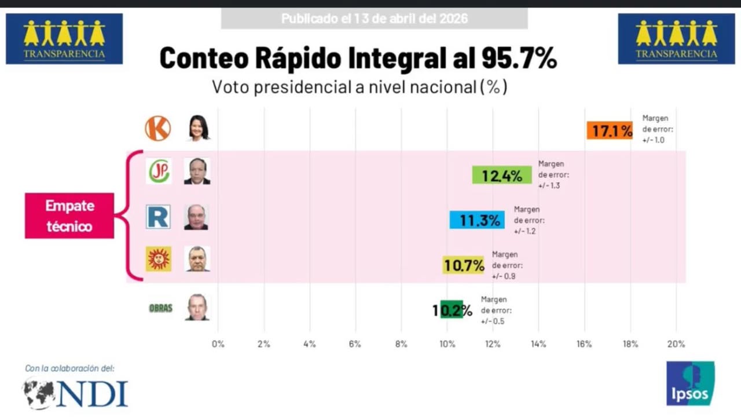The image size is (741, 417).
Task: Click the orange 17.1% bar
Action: [x=610, y=131]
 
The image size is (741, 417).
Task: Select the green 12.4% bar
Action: [x=501, y=175]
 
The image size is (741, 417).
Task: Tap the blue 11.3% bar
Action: [x=477, y=220]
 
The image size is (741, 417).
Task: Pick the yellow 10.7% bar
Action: [x=463, y=265]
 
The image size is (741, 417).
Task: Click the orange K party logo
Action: [x=157, y=129]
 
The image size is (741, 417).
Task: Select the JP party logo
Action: [x=158, y=171]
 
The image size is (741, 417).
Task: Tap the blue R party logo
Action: [x=158, y=217]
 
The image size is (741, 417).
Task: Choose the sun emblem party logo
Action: [x=158, y=259]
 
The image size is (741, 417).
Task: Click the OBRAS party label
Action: [x=160, y=308]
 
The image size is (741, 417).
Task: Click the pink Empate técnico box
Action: [x=69, y=215]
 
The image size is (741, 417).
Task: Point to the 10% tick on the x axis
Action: [x=447, y=344]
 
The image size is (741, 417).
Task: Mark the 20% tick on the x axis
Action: [x=676, y=344]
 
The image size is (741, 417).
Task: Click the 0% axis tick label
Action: [x=218, y=344]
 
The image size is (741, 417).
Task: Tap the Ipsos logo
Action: [x=690, y=383]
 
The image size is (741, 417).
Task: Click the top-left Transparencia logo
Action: [x=64, y=39]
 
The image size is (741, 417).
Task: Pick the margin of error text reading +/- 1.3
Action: [x=548, y=186]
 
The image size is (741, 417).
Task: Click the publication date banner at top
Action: [x=374, y=19]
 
